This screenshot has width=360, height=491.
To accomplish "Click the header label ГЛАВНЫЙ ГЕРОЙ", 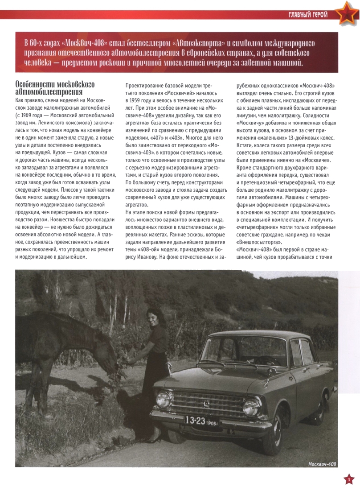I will coord(307,15).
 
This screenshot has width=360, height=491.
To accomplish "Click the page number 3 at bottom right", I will coord(348,479).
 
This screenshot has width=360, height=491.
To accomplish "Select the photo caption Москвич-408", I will coord(323,464).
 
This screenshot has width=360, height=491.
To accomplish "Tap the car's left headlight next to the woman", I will coord(164,399).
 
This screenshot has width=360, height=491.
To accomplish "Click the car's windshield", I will coord(245,352).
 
